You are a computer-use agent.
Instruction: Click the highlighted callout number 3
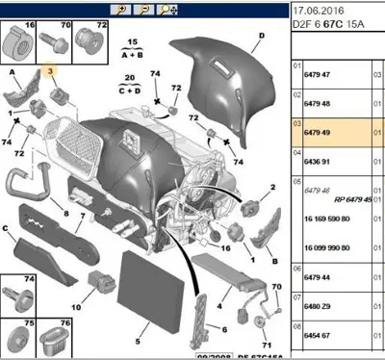pyautogui.click(x=51, y=72)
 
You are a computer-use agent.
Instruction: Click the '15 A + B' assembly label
pyautogui.click(x=133, y=48)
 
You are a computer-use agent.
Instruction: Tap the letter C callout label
pyautogui.click(x=7, y=229)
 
